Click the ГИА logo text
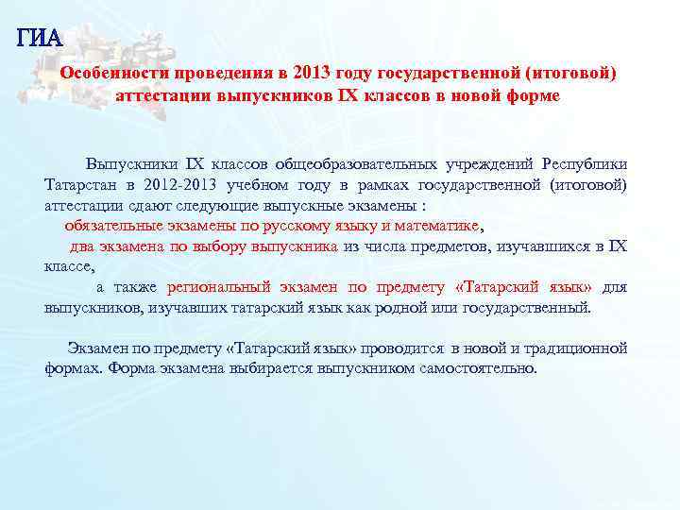[39, 38]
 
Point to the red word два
[83, 246]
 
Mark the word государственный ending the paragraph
[531, 307]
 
